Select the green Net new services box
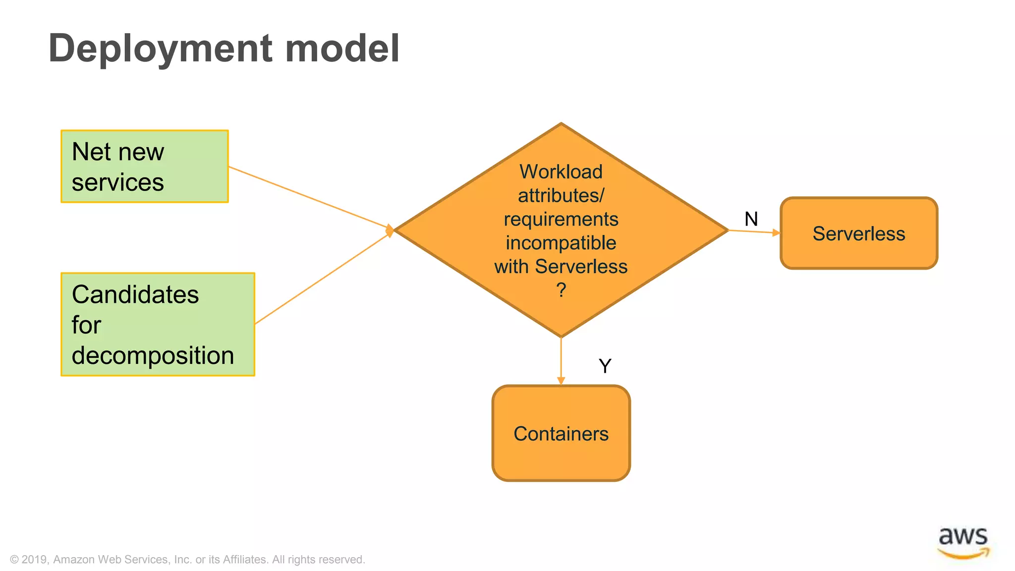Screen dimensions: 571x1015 pos(144,167)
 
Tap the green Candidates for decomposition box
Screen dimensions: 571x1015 pos(158,324)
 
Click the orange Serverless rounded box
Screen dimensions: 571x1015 pos(858,233)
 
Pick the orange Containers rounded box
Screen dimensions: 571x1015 pos(561,433)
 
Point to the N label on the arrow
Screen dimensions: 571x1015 pos(751,219)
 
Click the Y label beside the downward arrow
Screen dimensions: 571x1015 pos(605,366)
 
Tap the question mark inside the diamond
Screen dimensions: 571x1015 pos(561,289)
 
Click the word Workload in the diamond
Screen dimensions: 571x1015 pos(561,171)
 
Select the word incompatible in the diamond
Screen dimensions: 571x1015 pos(561,243)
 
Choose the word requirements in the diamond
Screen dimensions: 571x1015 pos(561,219)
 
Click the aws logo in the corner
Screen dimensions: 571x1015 pos(962,542)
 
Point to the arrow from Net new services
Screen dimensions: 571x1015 pos(310,197)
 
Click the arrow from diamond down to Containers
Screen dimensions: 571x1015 pos(561,361)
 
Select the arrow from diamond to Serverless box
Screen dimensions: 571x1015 pos(753,231)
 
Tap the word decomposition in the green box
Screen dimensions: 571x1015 pos(153,355)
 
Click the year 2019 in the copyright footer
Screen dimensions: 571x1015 pos(35,560)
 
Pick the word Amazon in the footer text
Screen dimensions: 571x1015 pos(74,560)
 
